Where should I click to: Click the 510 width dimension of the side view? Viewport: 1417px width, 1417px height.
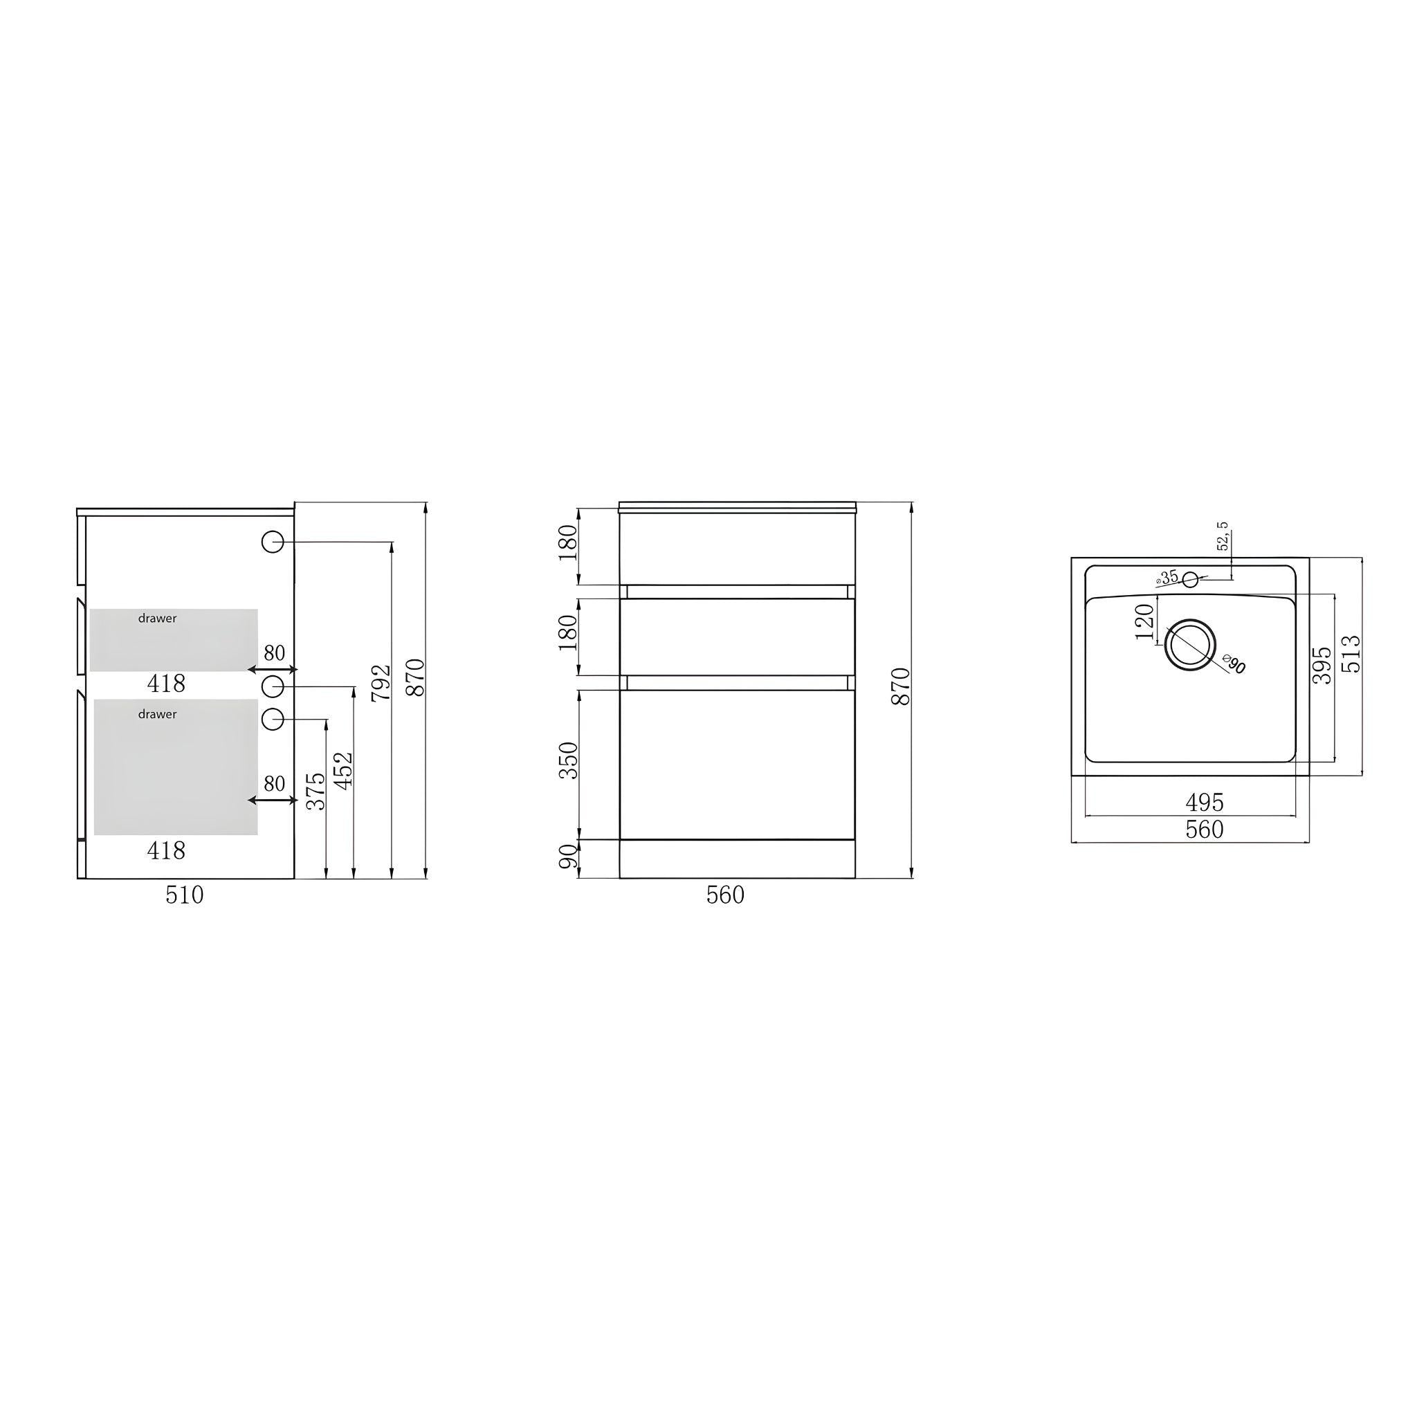click(x=184, y=895)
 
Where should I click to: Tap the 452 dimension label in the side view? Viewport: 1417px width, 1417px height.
click(x=342, y=769)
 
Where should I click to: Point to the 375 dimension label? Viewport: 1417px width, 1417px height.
click(x=316, y=791)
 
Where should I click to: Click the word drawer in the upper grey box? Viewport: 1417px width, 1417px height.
click(x=157, y=619)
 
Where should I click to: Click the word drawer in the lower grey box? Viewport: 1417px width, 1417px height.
click(x=157, y=713)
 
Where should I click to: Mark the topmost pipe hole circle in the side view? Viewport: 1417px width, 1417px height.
click(x=273, y=542)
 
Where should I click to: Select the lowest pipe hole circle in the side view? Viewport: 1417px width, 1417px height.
click(x=273, y=720)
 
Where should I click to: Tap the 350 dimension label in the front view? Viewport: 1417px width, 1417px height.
click(x=569, y=760)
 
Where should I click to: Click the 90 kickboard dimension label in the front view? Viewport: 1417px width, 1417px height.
click(x=569, y=857)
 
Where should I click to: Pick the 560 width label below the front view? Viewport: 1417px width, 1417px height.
click(x=724, y=895)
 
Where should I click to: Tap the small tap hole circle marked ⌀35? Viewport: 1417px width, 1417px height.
click(x=1190, y=580)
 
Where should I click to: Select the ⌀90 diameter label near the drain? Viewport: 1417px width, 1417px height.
click(x=1234, y=664)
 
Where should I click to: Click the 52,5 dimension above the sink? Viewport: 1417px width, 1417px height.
click(x=1222, y=536)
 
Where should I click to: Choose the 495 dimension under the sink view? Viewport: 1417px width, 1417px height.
click(x=1205, y=802)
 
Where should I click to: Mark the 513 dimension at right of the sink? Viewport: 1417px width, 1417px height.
click(x=1351, y=653)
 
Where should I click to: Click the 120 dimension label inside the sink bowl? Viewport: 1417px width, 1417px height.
click(x=1144, y=621)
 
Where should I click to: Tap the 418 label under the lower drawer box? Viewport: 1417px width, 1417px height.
click(x=166, y=851)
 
